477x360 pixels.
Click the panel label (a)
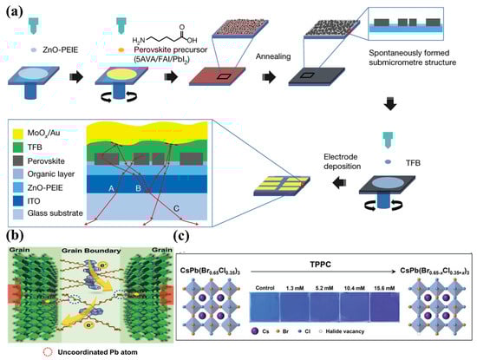tap(13, 10)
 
